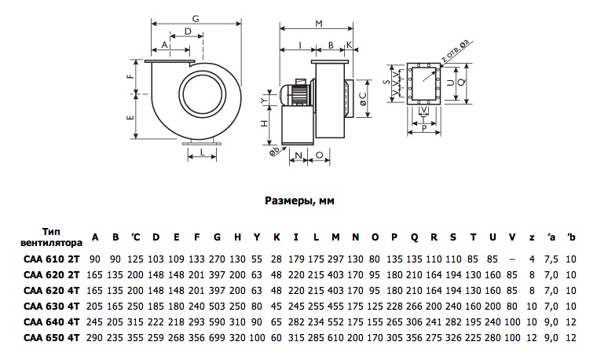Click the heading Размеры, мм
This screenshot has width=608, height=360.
[299, 200]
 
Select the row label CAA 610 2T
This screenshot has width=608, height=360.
[51, 259]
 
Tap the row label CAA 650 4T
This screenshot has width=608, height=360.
[51, 338]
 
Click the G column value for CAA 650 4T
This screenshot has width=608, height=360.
[217, 338]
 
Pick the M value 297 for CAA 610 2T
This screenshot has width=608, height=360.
[335, 259]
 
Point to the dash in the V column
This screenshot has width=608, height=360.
[512, 259]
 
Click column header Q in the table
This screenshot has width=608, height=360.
[414, 237]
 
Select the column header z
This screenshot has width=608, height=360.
[532, 238]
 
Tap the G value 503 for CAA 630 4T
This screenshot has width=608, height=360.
[217, 307]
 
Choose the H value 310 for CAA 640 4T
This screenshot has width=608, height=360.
[237, 322]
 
